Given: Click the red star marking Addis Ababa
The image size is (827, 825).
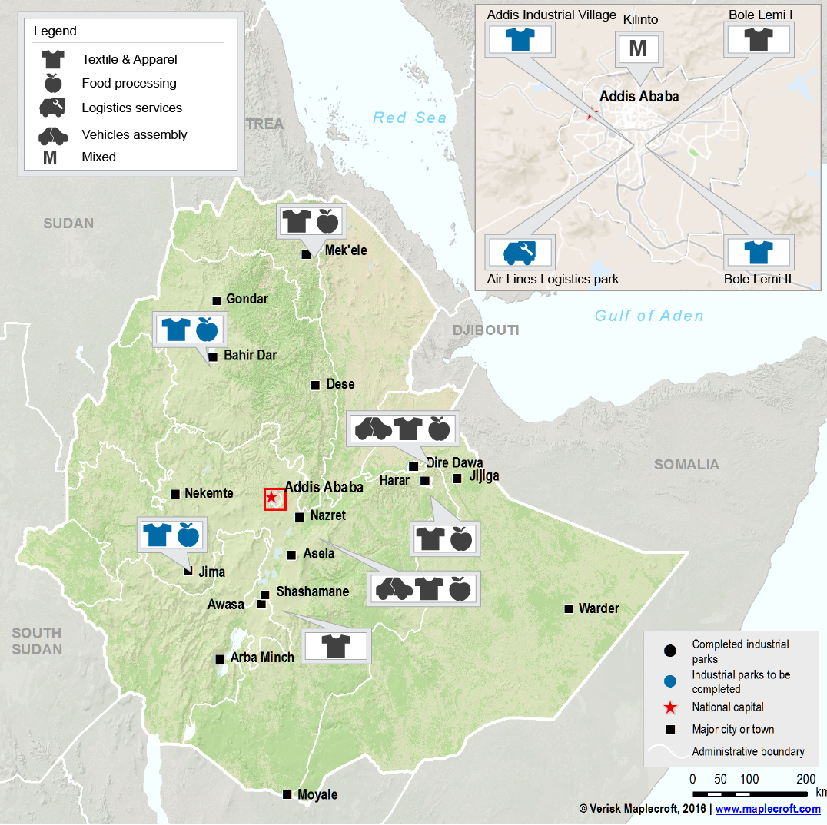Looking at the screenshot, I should [x=271, y=498].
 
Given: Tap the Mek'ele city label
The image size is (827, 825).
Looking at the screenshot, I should [x=346, y=250].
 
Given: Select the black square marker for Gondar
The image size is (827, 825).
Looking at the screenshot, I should [x=217, y=300].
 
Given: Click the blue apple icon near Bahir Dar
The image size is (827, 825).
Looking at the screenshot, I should [x=207, y=329].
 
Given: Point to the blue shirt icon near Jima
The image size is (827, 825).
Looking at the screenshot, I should [x=157, y=534].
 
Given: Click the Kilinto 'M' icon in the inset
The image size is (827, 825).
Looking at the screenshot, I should [x=638, y=48].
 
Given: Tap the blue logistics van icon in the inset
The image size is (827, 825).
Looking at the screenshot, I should [x=520, y=252].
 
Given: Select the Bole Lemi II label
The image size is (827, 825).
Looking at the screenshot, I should [x=757, y=279].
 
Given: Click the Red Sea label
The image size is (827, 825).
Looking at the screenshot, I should [x=409, y=118].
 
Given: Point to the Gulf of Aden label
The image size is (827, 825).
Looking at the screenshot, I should [x=649, y=316].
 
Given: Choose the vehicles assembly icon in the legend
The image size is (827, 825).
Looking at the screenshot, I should [x=53, y=135].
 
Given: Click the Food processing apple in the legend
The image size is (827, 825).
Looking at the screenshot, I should [x=52, y=83].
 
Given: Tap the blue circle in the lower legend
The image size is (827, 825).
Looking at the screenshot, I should [x=670, y=681].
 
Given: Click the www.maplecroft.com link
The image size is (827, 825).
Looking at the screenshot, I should [x=768, y=809].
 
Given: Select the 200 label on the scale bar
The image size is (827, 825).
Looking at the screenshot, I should [x=806, y=779].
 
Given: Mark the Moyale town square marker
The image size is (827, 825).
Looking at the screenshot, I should [x=287, y=794].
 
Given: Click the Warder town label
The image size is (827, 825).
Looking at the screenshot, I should [x=599, y=608].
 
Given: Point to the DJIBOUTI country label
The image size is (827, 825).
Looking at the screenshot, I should [x=485, y=330].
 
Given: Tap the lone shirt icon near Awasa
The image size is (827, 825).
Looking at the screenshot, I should [x=336, y=645].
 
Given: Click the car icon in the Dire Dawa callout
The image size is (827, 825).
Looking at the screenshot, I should [x=372, y=427].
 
